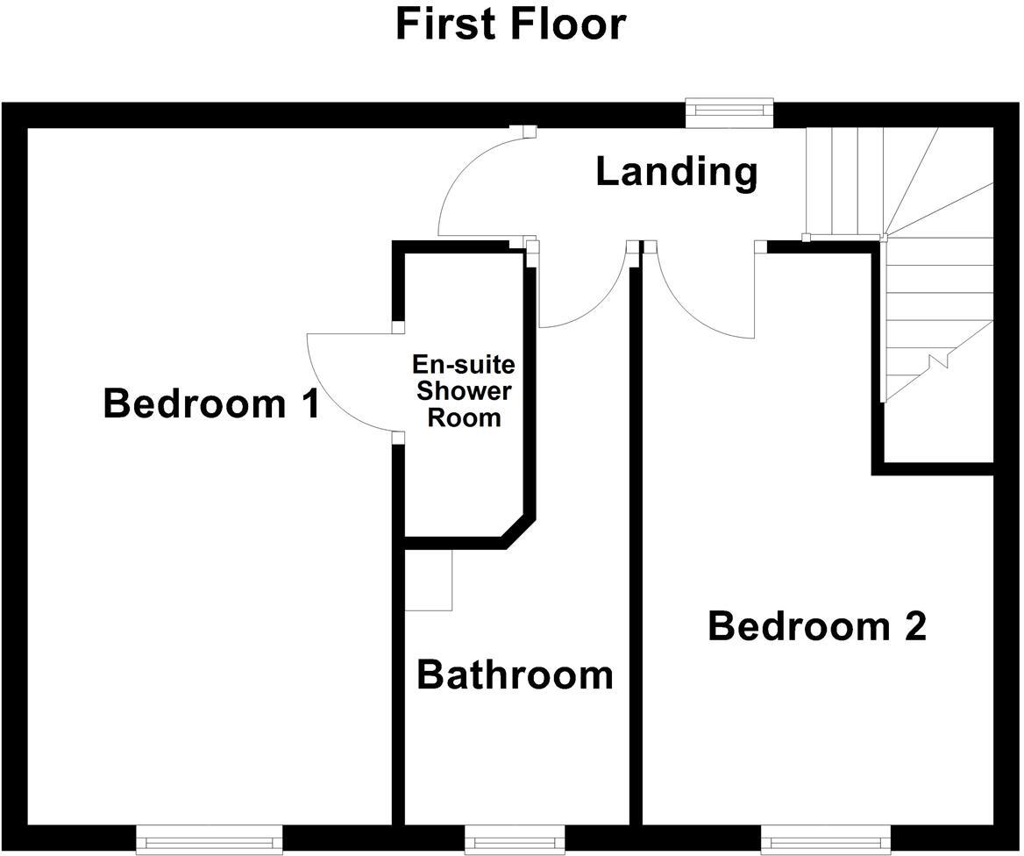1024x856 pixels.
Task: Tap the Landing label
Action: (676, 172)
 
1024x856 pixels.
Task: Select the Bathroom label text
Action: (515, 675)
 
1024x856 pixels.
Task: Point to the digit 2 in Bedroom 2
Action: (913, 627)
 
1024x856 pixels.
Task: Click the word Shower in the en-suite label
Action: (464, 390)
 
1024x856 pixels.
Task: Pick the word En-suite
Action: (464, 364)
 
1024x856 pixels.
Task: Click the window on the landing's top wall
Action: (729, 111)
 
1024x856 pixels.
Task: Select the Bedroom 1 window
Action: (210, 840)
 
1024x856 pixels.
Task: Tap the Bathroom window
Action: (514, 840)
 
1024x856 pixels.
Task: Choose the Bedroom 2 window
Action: (826, 840)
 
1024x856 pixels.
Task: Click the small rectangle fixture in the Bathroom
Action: (428, 580)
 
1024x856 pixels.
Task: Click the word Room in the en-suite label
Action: (464, 417)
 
